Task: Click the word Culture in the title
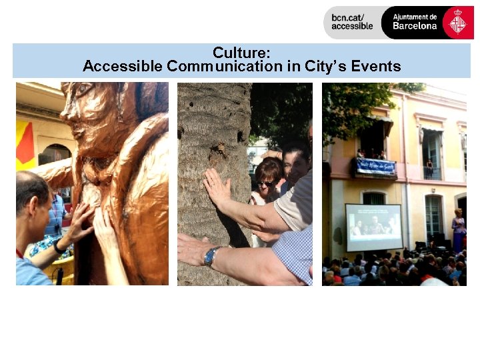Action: [241, 53]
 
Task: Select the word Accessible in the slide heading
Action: [123, 67]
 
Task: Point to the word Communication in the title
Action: [225, 67]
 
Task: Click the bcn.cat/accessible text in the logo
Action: [352, 21]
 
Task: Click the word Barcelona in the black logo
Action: [415, 26]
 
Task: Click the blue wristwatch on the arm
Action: [212, 255]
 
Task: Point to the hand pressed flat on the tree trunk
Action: [217, 188]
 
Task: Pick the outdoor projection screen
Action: [373, 227]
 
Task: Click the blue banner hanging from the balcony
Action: [375, 167]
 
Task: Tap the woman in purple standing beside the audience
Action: [458, 230]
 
